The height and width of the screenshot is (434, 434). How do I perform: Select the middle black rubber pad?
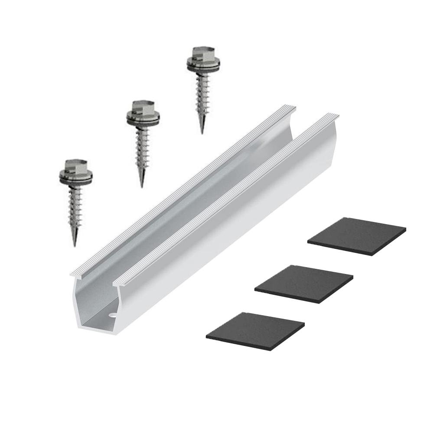click(x=303, y=282)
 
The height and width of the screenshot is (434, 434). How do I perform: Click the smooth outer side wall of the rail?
click(x=243, y=225)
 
